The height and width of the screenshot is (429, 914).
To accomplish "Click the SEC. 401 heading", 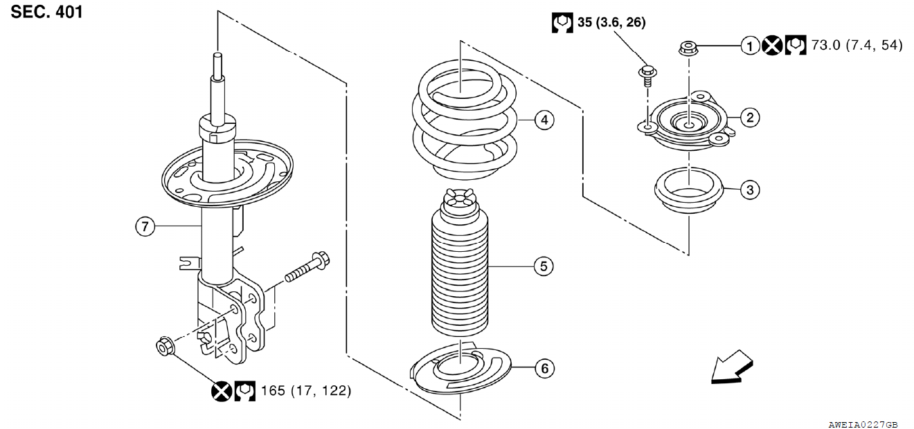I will [47, 12].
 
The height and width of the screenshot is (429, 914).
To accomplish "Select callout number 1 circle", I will [750, 46].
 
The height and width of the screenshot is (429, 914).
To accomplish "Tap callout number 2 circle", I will [750, 117].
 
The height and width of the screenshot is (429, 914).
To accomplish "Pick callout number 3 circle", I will [750, 189].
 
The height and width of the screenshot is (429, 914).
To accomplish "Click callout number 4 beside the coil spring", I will [544, 120].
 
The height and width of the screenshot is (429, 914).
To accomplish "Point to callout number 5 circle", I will [544, 266].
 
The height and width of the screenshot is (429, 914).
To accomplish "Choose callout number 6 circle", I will [544, 369].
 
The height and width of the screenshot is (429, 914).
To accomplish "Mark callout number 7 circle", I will [144, 226].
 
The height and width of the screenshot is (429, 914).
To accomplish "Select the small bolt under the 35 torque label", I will [647, 73].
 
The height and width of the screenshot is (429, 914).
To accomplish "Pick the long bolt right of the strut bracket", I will [305, 271].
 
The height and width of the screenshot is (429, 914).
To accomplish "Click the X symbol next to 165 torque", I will [221, 392].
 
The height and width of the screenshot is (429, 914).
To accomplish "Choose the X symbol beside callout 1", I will [772, 46].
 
